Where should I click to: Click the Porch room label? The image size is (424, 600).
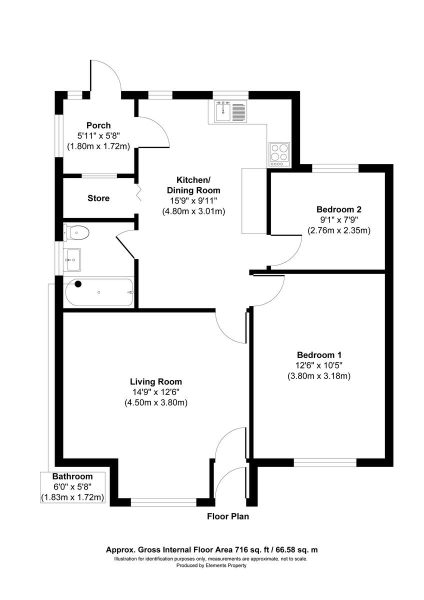(x=98, y=125)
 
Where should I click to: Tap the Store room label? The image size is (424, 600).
(x=98, y=198)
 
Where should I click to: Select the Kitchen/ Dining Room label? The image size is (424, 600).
(x=193, y=185)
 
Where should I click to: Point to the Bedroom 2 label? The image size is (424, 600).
(x=338, y=209)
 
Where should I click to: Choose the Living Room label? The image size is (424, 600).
(x=155, y=381)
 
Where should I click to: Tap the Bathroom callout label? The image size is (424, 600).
(x=73, y=476)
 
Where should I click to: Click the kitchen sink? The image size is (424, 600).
(x=222, y=111)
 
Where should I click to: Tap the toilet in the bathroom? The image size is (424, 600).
(x=76, y=232)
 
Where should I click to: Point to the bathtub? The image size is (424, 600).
(x=98, y=292)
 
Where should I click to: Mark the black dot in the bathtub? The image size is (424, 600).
(x=77, y=284)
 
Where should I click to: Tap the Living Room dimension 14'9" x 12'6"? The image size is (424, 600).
(x=155, y=392)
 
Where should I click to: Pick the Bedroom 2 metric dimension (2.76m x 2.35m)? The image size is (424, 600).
(x=338, y=230)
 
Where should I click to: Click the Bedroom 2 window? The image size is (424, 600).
(x=335, y=168)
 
